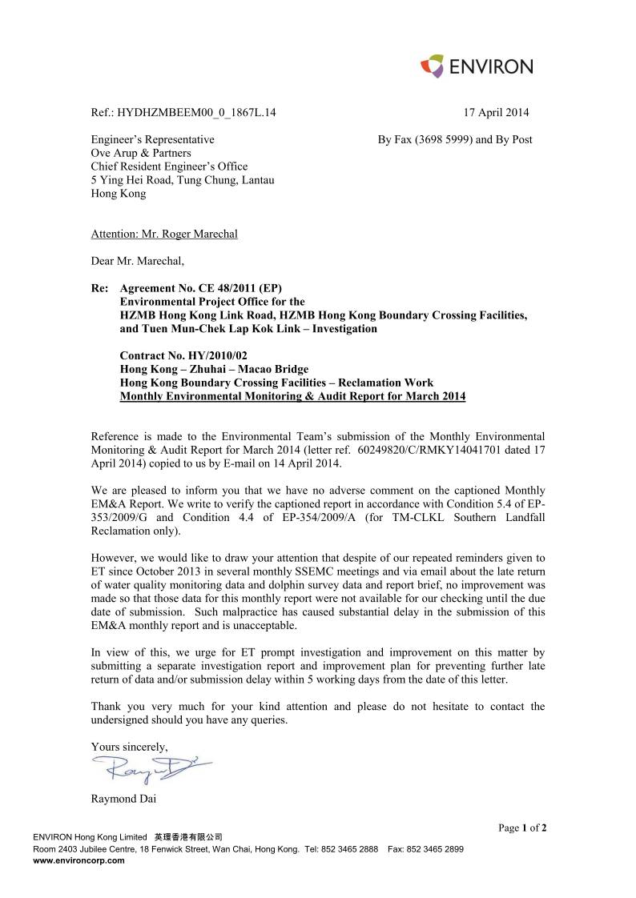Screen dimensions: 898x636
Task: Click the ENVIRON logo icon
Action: tap(433, 66)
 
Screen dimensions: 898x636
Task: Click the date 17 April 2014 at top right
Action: tap(496, 113)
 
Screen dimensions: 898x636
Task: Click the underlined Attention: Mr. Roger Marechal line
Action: tap(164, 234)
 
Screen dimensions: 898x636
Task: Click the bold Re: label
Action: tap(100, 288)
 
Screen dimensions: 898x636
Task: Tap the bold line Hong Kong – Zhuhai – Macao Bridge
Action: tap(214, 369)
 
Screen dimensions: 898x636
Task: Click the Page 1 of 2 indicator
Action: tap(522, 828)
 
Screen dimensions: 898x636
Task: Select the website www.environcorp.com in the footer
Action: tap(78, 861)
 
